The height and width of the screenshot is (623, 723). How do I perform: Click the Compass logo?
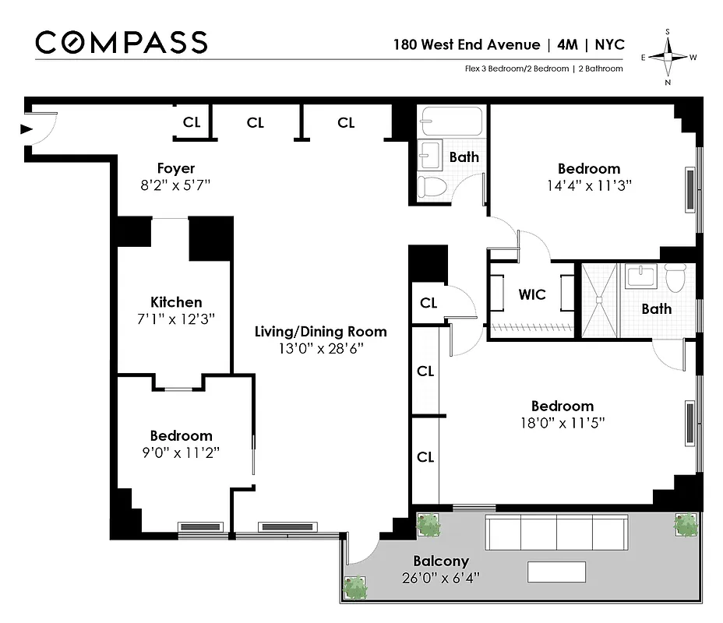(x=122, y=42)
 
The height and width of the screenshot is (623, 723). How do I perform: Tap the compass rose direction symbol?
(x=668, y=57)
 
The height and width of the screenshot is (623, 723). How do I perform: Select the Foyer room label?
(x=175, y=168)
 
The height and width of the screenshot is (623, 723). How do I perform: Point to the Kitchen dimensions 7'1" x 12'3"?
(x=176, y=319)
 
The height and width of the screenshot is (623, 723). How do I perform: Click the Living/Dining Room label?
(x=320, y=332)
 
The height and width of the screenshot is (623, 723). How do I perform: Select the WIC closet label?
(x=532, y=295)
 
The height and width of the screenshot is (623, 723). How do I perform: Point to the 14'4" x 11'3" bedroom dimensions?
(x=588, y=186)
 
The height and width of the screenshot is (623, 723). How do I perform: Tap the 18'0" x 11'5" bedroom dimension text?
(x=562, y=423)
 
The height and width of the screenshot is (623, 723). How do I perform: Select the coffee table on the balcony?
(x=556, y=572)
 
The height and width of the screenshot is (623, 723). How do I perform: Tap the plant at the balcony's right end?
(x=686, y=526)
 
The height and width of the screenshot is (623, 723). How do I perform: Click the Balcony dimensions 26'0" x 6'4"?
(x=440, y=578)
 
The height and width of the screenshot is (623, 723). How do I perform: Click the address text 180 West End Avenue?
(x=476, y=44)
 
